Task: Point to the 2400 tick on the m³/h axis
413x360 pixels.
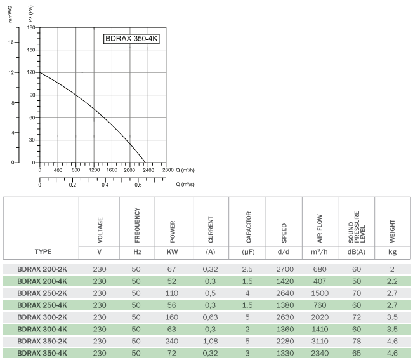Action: coord(148,170)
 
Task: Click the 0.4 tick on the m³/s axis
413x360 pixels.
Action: coord(105,185)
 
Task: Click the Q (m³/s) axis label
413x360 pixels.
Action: coord(185,185)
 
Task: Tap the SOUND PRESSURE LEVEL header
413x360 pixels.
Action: coord(356,227)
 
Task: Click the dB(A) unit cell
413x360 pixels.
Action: coord(356,251)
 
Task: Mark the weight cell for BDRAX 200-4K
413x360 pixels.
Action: coord(393,280)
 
